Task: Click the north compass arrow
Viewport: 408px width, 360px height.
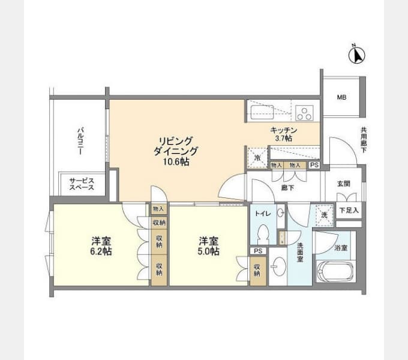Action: [357, 55]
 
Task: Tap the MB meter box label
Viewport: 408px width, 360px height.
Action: [341, 98]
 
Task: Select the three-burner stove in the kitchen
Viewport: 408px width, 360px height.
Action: [304, 113]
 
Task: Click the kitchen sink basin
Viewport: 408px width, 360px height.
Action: [262, 112]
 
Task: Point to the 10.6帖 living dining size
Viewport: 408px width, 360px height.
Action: [176, 162]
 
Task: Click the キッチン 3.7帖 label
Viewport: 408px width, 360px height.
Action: [284, 134]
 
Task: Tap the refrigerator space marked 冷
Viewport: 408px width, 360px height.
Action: [257, 157]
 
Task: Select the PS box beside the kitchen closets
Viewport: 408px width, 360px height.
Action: [314, 165]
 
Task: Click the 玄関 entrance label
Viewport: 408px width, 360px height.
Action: [343, 184]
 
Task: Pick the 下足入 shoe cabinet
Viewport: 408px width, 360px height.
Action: [349, 210]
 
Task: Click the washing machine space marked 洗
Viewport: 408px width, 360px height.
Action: [324, 215]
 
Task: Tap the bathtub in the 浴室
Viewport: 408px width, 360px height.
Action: [335, 272]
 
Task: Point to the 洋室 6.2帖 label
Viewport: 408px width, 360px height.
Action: [101, 246]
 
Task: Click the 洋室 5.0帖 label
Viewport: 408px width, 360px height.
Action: [209, 246]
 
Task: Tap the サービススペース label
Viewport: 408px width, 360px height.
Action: [82, 184]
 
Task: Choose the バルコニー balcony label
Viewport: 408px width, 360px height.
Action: [80, 141]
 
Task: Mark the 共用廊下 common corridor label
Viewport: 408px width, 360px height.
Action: [364, 140]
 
